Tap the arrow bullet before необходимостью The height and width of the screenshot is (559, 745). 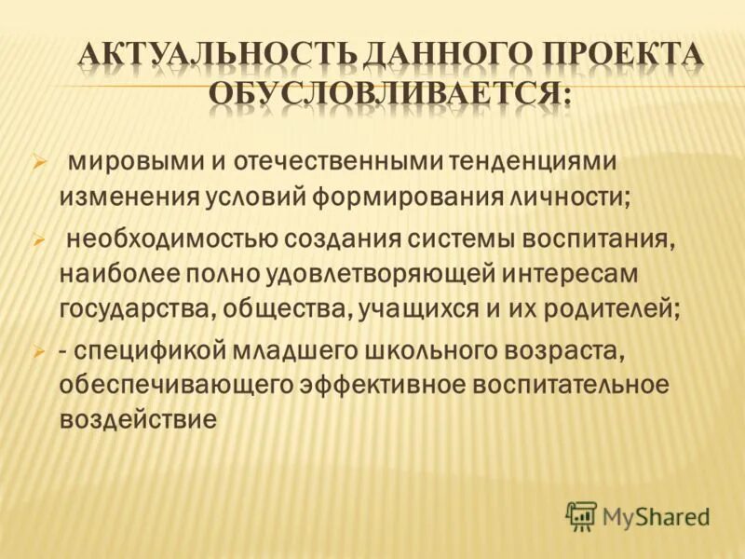(x=40, y=239)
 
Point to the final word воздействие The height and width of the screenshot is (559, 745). (x=138, y=419)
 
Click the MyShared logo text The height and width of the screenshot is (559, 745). (x=656, y=515)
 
